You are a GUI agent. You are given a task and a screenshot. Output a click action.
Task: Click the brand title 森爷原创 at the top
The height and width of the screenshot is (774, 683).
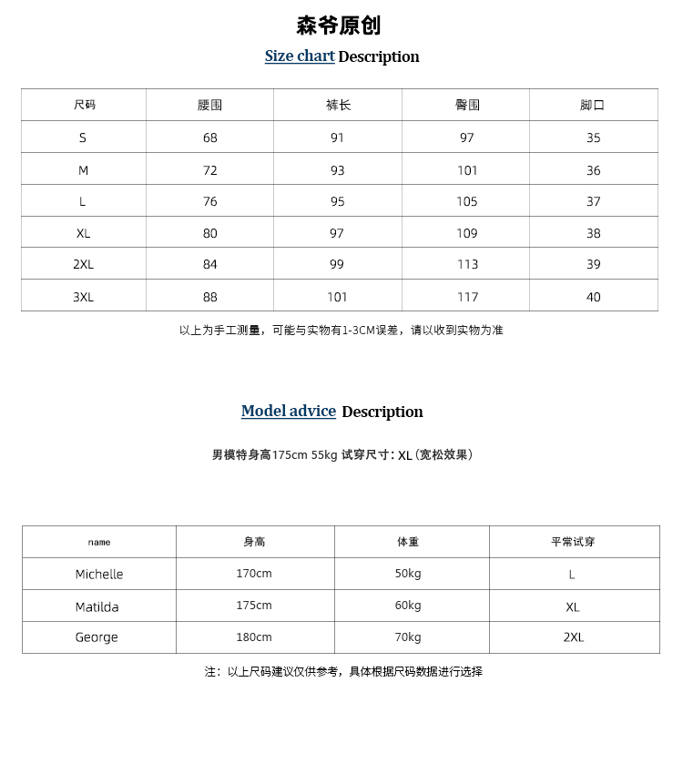tap(338, 25)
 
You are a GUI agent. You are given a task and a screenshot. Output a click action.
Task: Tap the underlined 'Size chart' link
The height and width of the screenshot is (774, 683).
tap(300, 56)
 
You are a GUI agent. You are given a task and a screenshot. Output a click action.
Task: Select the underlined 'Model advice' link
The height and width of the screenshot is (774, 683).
tap(288, 412)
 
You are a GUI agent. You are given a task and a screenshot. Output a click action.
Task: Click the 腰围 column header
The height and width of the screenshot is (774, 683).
tap(209, 106)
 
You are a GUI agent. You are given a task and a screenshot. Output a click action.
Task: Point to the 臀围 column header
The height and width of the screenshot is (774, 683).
tap(467, 106)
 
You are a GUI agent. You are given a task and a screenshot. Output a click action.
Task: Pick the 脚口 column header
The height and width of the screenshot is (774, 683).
tap(592, 106)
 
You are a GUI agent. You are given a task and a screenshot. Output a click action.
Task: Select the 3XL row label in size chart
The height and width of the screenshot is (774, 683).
tap(83, 297)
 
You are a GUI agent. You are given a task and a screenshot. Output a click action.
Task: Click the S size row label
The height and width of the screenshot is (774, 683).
tap(83, 138)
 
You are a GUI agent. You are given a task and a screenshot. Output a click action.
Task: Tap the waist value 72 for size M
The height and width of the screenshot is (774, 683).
tap(210, 170)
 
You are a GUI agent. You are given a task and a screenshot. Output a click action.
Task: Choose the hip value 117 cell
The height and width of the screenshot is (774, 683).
tap(467, 297)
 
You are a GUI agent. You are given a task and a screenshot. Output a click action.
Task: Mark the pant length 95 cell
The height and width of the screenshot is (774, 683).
tap(337, 202)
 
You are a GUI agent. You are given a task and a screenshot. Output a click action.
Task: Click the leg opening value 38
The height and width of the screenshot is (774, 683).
tap(593, 234)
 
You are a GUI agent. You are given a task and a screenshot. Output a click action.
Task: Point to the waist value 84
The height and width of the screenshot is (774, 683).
tap(210, 265)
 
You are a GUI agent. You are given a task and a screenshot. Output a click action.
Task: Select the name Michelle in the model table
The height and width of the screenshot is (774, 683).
tap(99, 575)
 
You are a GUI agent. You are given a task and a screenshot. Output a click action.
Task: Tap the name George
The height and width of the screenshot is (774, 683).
tap(97, 637)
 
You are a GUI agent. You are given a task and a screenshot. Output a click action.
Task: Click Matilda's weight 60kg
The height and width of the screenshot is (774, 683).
tap(408, 606)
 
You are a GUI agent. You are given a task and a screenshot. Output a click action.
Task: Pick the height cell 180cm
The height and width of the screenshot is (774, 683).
tap(254, 637)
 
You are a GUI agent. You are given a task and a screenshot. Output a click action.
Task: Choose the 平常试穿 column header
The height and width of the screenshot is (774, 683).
tap(573, 542)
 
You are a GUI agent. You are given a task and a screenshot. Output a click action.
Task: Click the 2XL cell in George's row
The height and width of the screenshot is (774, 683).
tap(573, 637)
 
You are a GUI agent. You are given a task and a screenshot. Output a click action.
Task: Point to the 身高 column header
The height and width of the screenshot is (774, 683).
tap(254, 542)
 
